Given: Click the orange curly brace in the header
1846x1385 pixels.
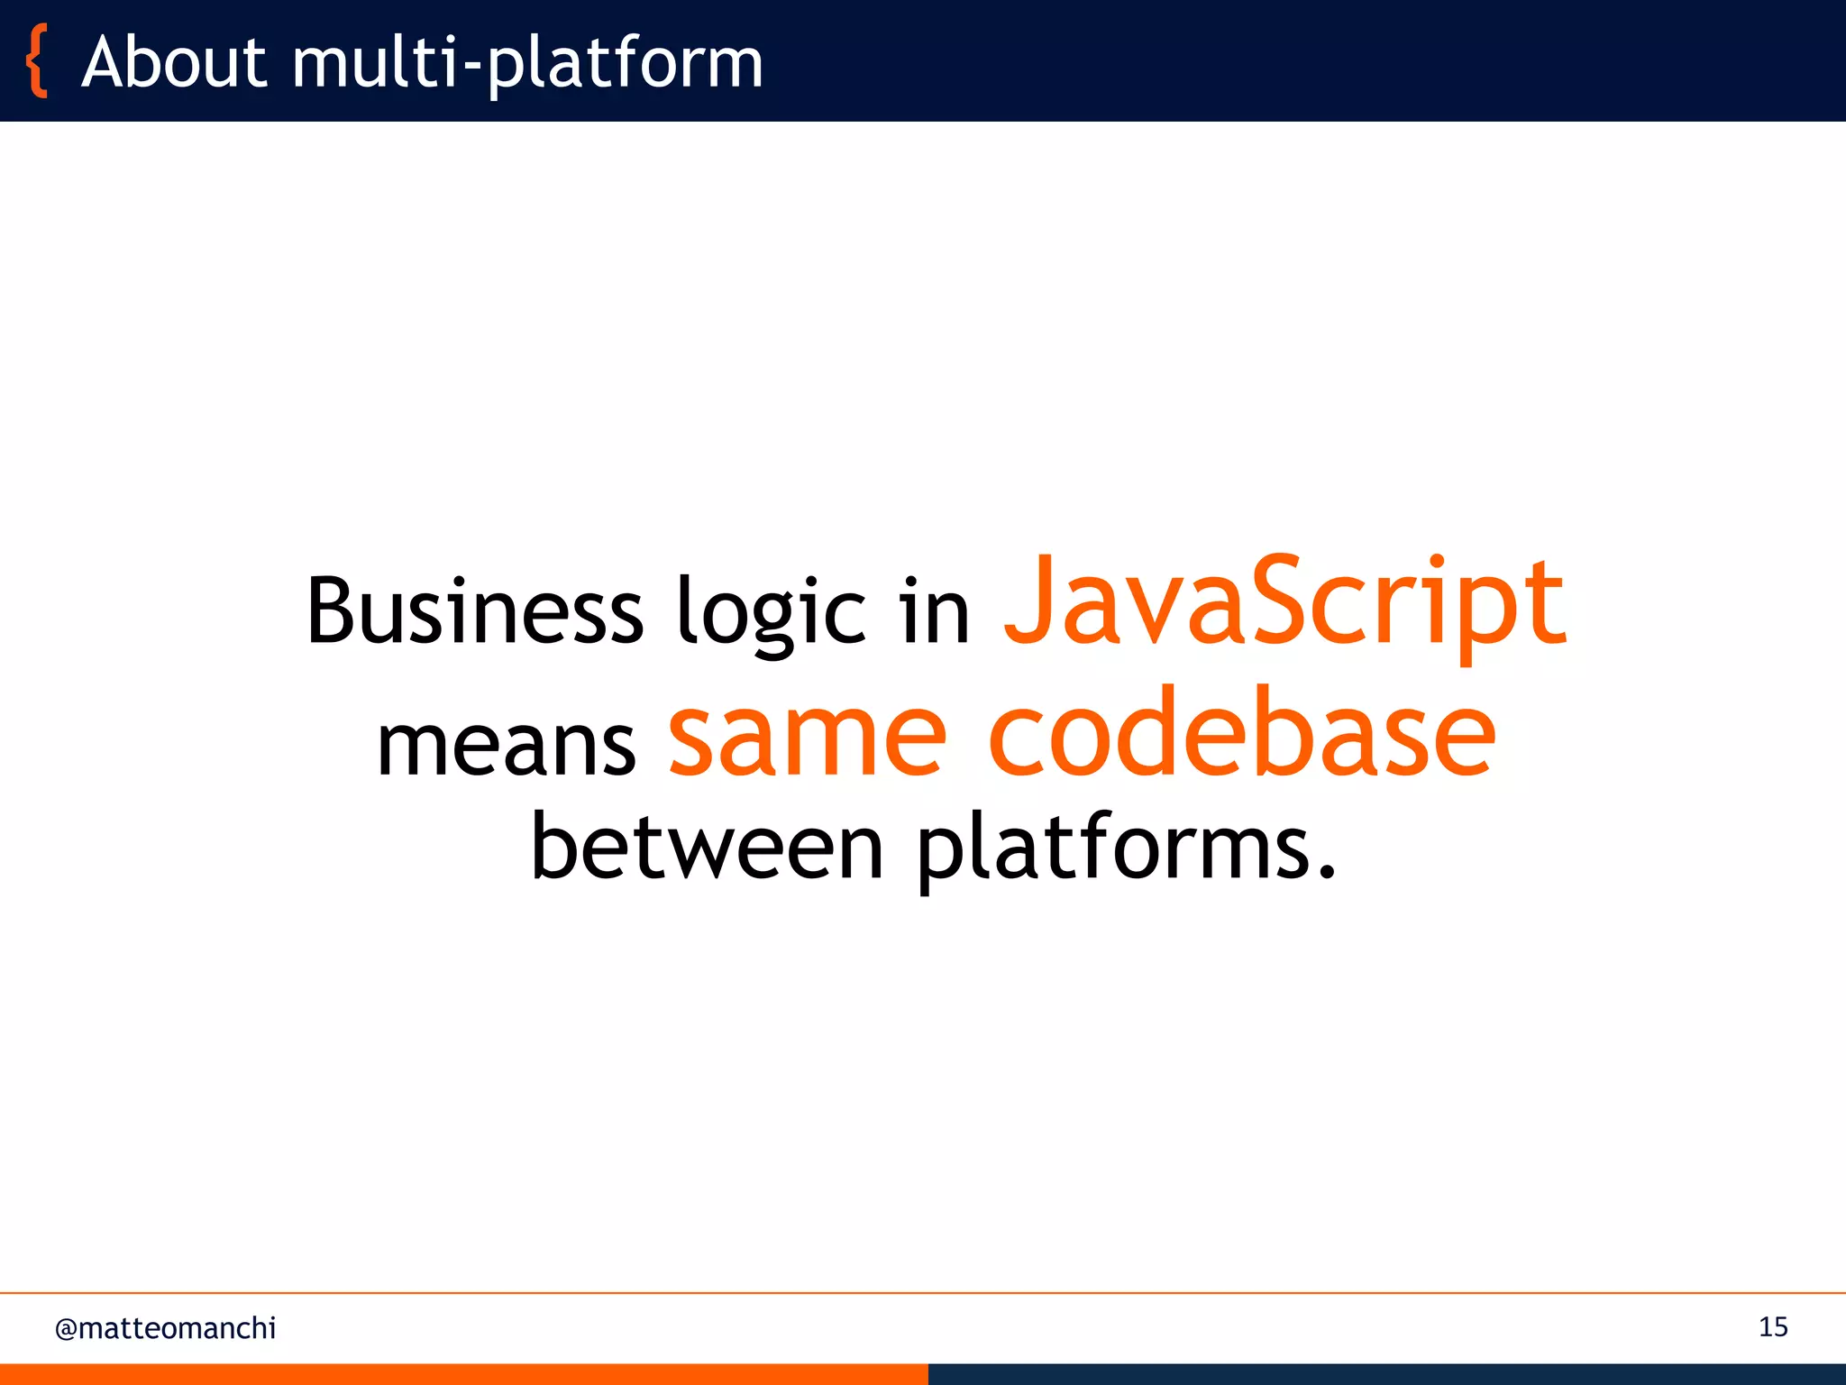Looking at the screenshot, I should click(37, 61).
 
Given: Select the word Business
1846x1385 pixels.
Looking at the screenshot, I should click(474, 611).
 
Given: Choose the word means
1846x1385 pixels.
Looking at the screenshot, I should click(506, 745).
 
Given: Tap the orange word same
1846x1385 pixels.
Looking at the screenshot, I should click(807, 735).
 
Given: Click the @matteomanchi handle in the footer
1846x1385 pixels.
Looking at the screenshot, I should click(165, 1328).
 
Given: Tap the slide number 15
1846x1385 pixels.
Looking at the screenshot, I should click(1772, 1327).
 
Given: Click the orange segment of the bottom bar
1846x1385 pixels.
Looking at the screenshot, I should click(463, 1374).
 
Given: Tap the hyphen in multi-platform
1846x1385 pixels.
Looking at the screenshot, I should click(470, 69).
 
